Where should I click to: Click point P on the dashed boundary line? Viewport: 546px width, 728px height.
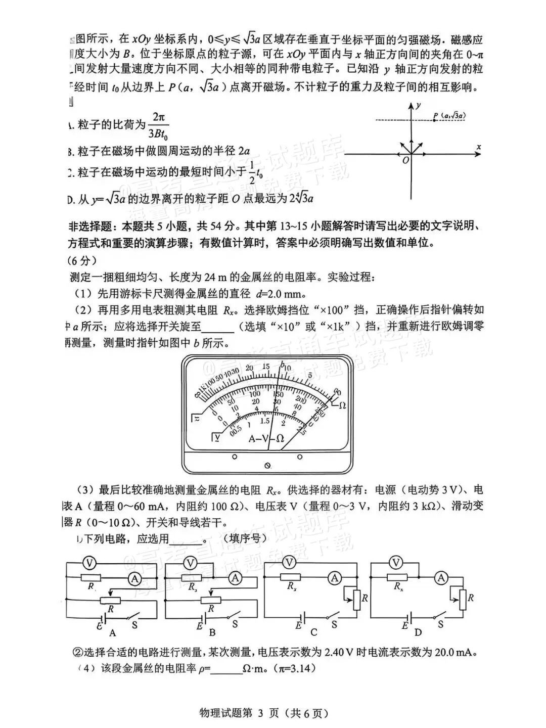coord(435,120)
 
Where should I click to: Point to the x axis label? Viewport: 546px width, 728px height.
coord(478,147)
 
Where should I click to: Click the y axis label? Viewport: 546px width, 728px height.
coord(419,106)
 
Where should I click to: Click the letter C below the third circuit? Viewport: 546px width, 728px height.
coord(313,632)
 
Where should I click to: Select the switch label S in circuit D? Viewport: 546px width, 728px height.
coord(440,624)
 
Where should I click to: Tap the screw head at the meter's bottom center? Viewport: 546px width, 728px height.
coord(267,465)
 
